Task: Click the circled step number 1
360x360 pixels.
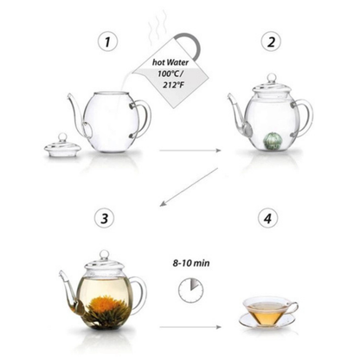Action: [107, 42]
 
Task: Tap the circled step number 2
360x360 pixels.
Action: [271, 42]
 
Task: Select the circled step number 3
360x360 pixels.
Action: [105, 218]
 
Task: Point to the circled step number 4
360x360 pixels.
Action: [268, 218]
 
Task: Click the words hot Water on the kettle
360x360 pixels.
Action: [170, 62]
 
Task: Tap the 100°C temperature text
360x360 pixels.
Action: [170, 74]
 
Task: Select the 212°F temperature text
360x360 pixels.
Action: [172, 85]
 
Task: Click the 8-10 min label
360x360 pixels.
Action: [191, 263]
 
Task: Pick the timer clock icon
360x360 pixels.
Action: [191, 290]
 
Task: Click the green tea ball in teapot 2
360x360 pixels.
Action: [270, 141]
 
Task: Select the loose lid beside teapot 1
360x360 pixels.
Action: [62, 145]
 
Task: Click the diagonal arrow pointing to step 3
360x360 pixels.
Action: [189, 187]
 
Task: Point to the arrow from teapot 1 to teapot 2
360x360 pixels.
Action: [190, 151]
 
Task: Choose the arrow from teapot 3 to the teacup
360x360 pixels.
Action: [190, 327]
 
